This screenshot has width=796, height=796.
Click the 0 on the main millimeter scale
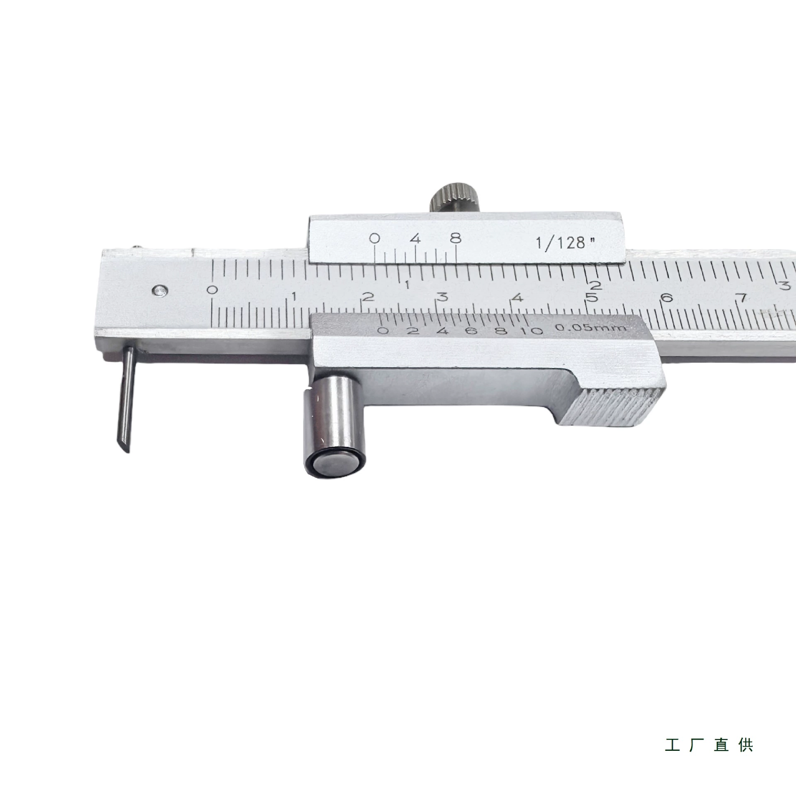click(x=213, y=290)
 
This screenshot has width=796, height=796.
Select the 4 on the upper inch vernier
click(x=416, y=239)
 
